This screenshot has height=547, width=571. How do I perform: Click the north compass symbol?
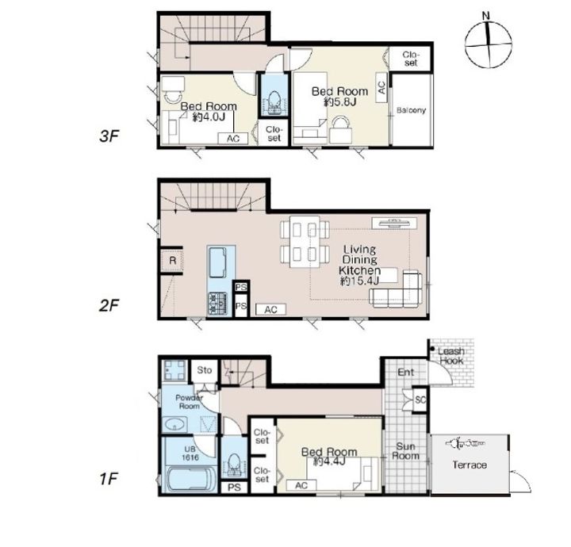pyautogui.click(x=489, y=44)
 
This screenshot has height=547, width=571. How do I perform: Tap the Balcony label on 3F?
pyautogui.click(x=411, y=110)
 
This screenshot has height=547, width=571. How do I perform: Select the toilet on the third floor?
pyautogui.click(x=274, y=101)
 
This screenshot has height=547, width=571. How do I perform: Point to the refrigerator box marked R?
pyautogui.click(x=172, y=260)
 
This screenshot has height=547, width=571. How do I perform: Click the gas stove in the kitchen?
pyautogui.click(x=218, y=304)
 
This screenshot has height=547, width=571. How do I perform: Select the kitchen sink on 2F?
pyautogui.click(x=218, y=262)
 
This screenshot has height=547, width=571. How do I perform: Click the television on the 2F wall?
pyautogui.click(x=394, y=222)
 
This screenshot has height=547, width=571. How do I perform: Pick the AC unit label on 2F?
pyautogui.click(x=271, y=310)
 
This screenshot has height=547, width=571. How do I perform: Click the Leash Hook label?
pyautogui.click(x=451, y=356)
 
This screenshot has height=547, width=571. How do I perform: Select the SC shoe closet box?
pyautogui.click(x=420, y=400)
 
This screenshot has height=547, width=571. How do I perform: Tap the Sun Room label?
pyautogui.click(x=405, y=451)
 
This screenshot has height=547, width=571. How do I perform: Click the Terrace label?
pyautogui.click(x=469, y=465)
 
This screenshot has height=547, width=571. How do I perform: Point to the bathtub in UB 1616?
pyautogui.click(x=190, y=479)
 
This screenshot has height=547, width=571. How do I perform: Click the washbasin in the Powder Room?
pyautogui.click(x=175, y=424)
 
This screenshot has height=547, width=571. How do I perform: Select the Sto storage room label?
pyautogui.click(x=205, y=370)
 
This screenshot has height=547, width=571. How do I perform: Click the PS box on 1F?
pyautogui.click(x=235, y=487)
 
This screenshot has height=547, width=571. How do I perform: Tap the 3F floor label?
pyautogui.click(x=109, y=136)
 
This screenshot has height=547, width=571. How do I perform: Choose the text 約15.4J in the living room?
pyautogui.click(x=360, y=281)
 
